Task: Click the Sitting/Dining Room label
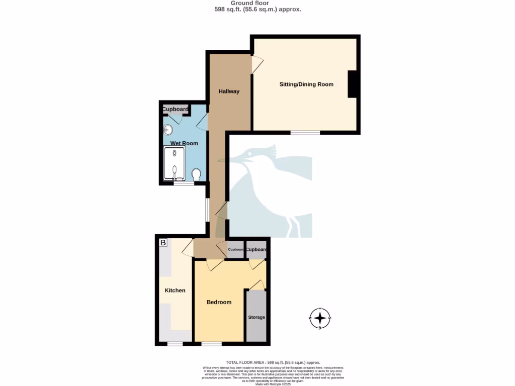(306, 84)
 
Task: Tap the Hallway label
(229, 91)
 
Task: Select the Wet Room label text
(184, 143)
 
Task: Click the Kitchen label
(175, 291)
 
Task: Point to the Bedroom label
(219, 302)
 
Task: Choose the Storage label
(256, 317)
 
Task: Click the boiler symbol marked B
(162, 243)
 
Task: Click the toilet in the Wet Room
(196, 174)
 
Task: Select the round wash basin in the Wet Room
(168, 130)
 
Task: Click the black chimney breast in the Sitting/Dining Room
(353, 84)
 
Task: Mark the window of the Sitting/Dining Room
(305, 133)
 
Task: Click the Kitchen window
(175, 344)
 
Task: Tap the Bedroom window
(211, 344)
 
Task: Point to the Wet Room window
(184, 183)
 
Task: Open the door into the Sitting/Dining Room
(257, 64)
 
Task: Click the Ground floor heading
(257, 3)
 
